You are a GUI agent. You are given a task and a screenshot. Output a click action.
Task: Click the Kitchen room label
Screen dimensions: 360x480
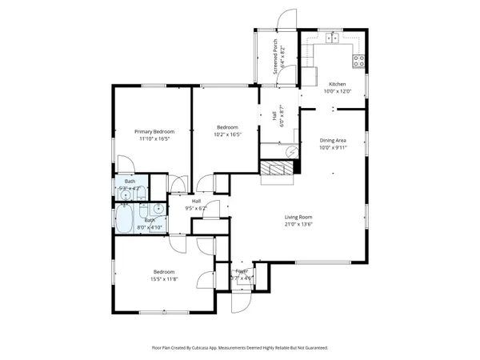(x=337, y=83)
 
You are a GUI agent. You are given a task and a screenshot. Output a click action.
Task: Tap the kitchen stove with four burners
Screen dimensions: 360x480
(x=359, y=59)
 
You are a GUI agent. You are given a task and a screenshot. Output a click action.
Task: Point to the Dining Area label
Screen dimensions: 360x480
(x=332, y=140)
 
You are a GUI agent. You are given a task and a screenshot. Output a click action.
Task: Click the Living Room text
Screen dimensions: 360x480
(x=298, y=217)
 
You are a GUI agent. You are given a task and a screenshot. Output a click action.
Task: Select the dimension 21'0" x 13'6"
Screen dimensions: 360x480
(x=298, y=225)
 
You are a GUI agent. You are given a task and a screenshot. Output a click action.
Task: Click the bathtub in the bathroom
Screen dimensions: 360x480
(x=126, y=220)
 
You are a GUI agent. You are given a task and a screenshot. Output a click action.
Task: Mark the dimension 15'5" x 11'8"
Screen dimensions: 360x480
(x=166, y=278)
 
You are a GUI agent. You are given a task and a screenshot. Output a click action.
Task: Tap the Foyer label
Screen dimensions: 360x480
(x=242, y=272)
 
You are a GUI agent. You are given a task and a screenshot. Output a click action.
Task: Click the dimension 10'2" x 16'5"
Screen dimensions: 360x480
(x=227, y=134)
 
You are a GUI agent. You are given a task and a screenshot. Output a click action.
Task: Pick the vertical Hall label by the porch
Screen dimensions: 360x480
(x=275, y=117)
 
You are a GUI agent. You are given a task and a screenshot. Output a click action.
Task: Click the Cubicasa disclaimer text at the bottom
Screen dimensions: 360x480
(x=240, y=348)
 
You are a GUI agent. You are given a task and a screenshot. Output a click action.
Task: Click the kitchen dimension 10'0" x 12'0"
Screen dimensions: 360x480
(x=337, y=91)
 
